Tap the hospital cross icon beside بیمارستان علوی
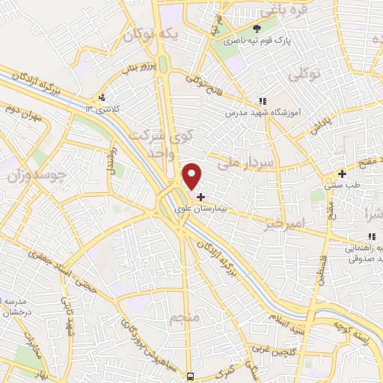pos(200,197)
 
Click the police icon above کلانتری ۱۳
pos(102,97)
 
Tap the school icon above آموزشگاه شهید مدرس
pos(262,100)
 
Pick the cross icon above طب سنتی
pos(342,174)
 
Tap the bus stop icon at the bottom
pos(191,376)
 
